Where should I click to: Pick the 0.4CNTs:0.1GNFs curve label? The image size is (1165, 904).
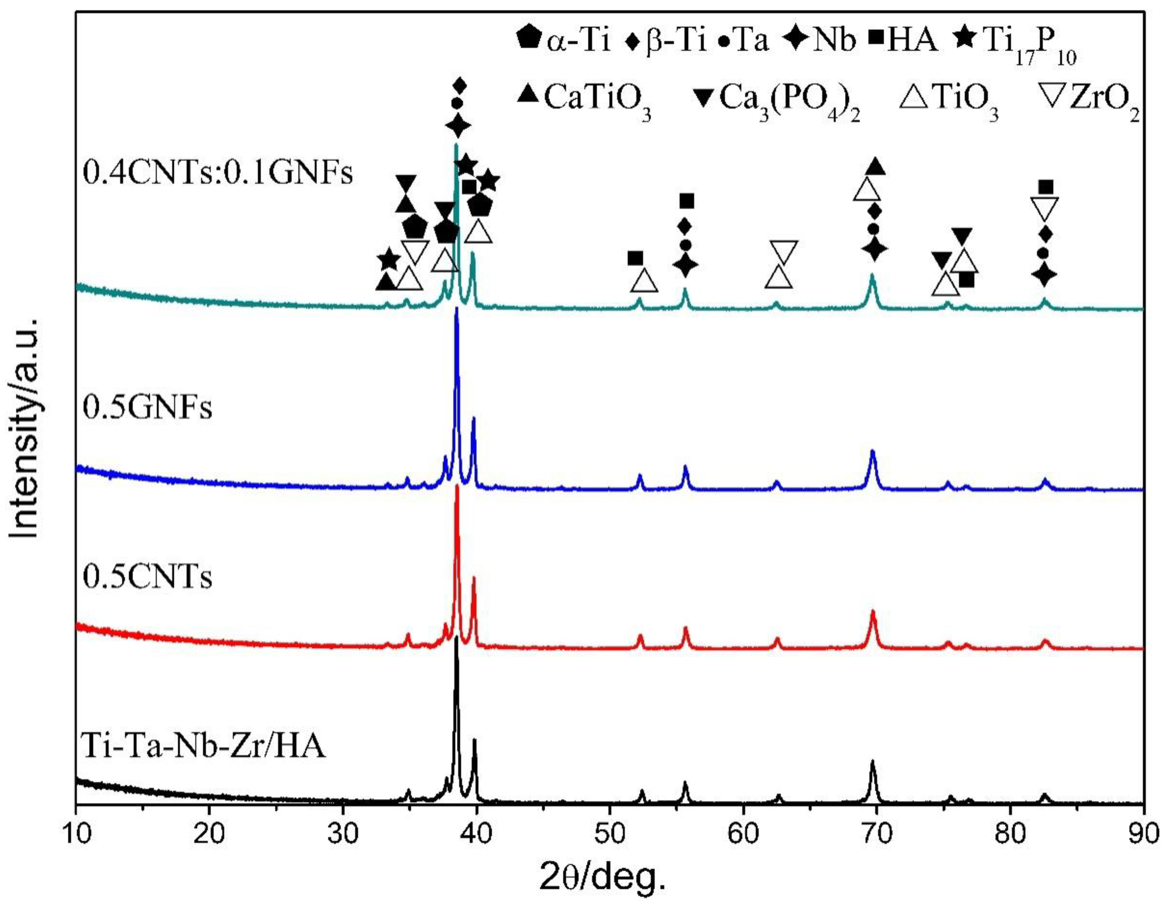click(218, 173)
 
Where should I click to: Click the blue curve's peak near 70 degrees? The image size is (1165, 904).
click(873, 452)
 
